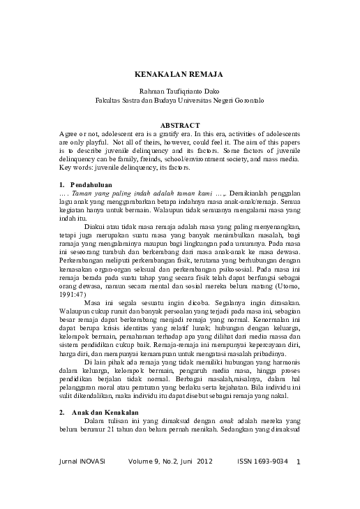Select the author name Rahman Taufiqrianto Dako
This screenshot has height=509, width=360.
(x=180, y=91)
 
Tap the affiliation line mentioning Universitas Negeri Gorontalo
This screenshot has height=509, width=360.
(x=180, y=100)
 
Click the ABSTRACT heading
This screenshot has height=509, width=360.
(x=180, y=125)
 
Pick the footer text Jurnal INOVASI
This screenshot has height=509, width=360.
(x=82, y=462)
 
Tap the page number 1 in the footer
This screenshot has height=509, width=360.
(x=298, y=462)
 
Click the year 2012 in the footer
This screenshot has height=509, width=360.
(x=204, y=462)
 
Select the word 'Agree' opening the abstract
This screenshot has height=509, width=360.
(x=70, y=133)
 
